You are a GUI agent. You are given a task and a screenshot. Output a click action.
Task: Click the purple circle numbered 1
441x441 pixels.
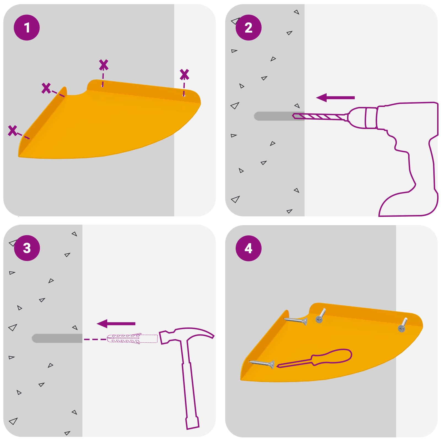coord(27,28)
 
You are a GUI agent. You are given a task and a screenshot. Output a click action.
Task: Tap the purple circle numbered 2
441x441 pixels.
coord(248,28)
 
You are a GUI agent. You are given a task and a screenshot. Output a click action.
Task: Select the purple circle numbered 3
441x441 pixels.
coord(27,248)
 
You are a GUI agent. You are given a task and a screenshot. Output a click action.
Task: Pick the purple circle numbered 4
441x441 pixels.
coord(248,248)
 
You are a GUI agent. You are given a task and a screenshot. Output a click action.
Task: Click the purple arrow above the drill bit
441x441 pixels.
coord(335,98)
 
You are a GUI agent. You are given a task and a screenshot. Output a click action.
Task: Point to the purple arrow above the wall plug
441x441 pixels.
coord(116,324)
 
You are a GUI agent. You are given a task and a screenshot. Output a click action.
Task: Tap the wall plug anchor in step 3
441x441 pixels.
coord(132,339)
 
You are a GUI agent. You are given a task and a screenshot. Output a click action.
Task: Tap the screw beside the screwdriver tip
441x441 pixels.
coord(262,364)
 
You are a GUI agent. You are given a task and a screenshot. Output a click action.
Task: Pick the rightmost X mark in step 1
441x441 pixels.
coord(184,74)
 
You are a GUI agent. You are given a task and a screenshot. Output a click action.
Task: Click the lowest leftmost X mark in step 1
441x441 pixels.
coord(12,130)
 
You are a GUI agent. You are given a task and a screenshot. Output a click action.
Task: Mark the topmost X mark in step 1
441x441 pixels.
coord(104,65)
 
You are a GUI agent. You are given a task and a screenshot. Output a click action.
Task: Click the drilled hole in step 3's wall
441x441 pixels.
coord(57,338)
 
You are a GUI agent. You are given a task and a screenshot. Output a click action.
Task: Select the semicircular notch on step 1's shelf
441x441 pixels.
coord(77,93)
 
